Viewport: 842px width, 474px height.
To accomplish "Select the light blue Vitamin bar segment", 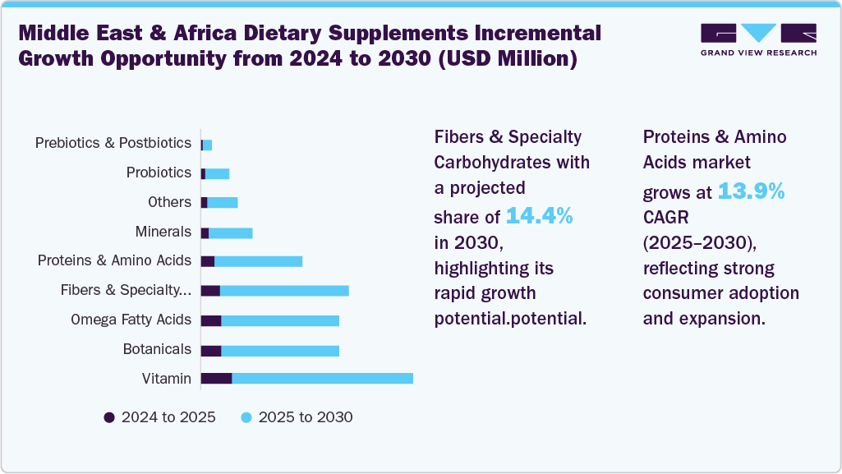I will point(322,378).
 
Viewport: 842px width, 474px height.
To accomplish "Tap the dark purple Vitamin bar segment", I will point(216,378).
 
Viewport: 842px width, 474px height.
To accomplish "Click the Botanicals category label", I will point(157,349).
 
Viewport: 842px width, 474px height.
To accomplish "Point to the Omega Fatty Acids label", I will point(131,320).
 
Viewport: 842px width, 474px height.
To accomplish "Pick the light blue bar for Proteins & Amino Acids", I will point(258,261).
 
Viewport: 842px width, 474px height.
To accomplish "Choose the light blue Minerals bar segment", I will point(230,232).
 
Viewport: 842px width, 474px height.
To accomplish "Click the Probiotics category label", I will point(159,173).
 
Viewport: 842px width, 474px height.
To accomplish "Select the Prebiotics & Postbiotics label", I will point(113,143).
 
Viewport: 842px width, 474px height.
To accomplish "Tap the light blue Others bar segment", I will point(222,202).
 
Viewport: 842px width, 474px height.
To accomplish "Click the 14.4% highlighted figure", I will point(539,216).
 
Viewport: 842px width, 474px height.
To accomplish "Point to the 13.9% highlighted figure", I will point(751,191).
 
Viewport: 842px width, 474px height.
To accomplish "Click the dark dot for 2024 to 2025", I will point(109,417).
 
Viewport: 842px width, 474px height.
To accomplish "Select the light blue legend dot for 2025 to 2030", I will point(246,417).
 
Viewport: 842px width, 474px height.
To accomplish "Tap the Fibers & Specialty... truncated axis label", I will point(126,290).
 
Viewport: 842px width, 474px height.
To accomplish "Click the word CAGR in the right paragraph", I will point(665,217).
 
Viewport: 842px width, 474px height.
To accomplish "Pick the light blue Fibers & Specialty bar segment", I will point(284,291).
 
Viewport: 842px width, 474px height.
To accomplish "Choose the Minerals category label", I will point(163,232).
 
